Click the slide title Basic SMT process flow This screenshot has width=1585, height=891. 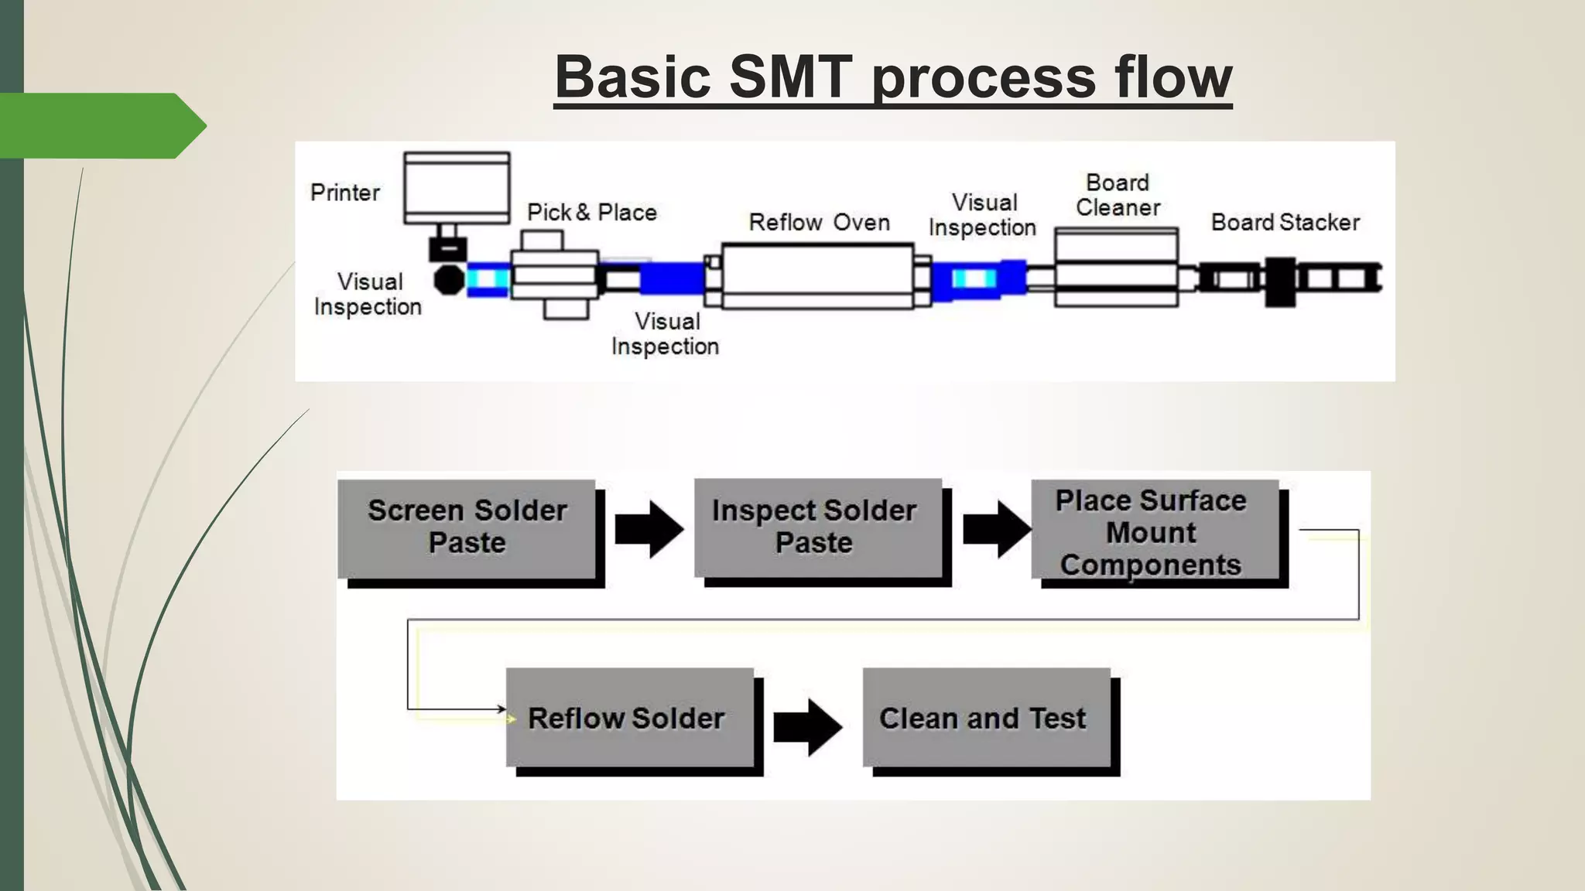point(892,77)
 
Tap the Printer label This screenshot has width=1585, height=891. point(345,193)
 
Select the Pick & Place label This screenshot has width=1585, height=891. point(591,213)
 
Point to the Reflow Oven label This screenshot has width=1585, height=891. point(819,223)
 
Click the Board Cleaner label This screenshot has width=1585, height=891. point(1118,196)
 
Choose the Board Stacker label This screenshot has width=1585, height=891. point(1285,223)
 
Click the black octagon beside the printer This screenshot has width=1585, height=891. point(448,280)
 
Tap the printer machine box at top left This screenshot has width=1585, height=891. point(457,188)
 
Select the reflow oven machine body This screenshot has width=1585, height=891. point(817,276)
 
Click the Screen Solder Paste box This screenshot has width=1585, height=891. point(467,528)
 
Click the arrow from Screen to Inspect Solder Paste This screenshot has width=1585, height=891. point(649,530)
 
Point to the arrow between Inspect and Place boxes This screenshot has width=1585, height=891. point(996,530)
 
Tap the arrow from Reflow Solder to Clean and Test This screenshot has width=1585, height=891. point(807,727)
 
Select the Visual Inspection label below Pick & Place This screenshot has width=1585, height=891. point(666,334)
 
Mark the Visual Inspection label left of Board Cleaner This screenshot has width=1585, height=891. point(983,215)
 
